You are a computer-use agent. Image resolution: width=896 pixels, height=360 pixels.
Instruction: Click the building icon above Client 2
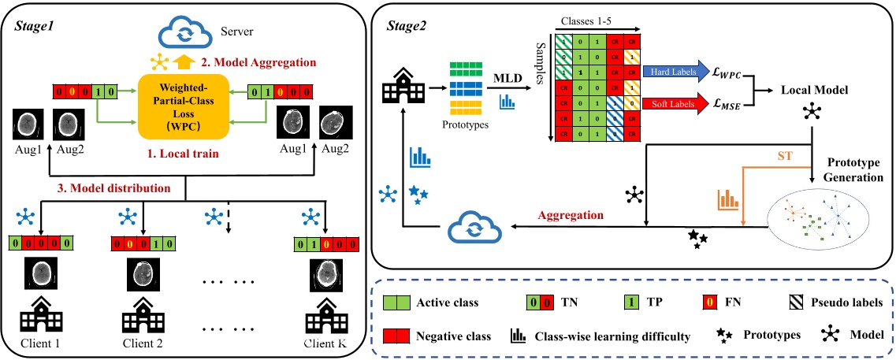[143, 315]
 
